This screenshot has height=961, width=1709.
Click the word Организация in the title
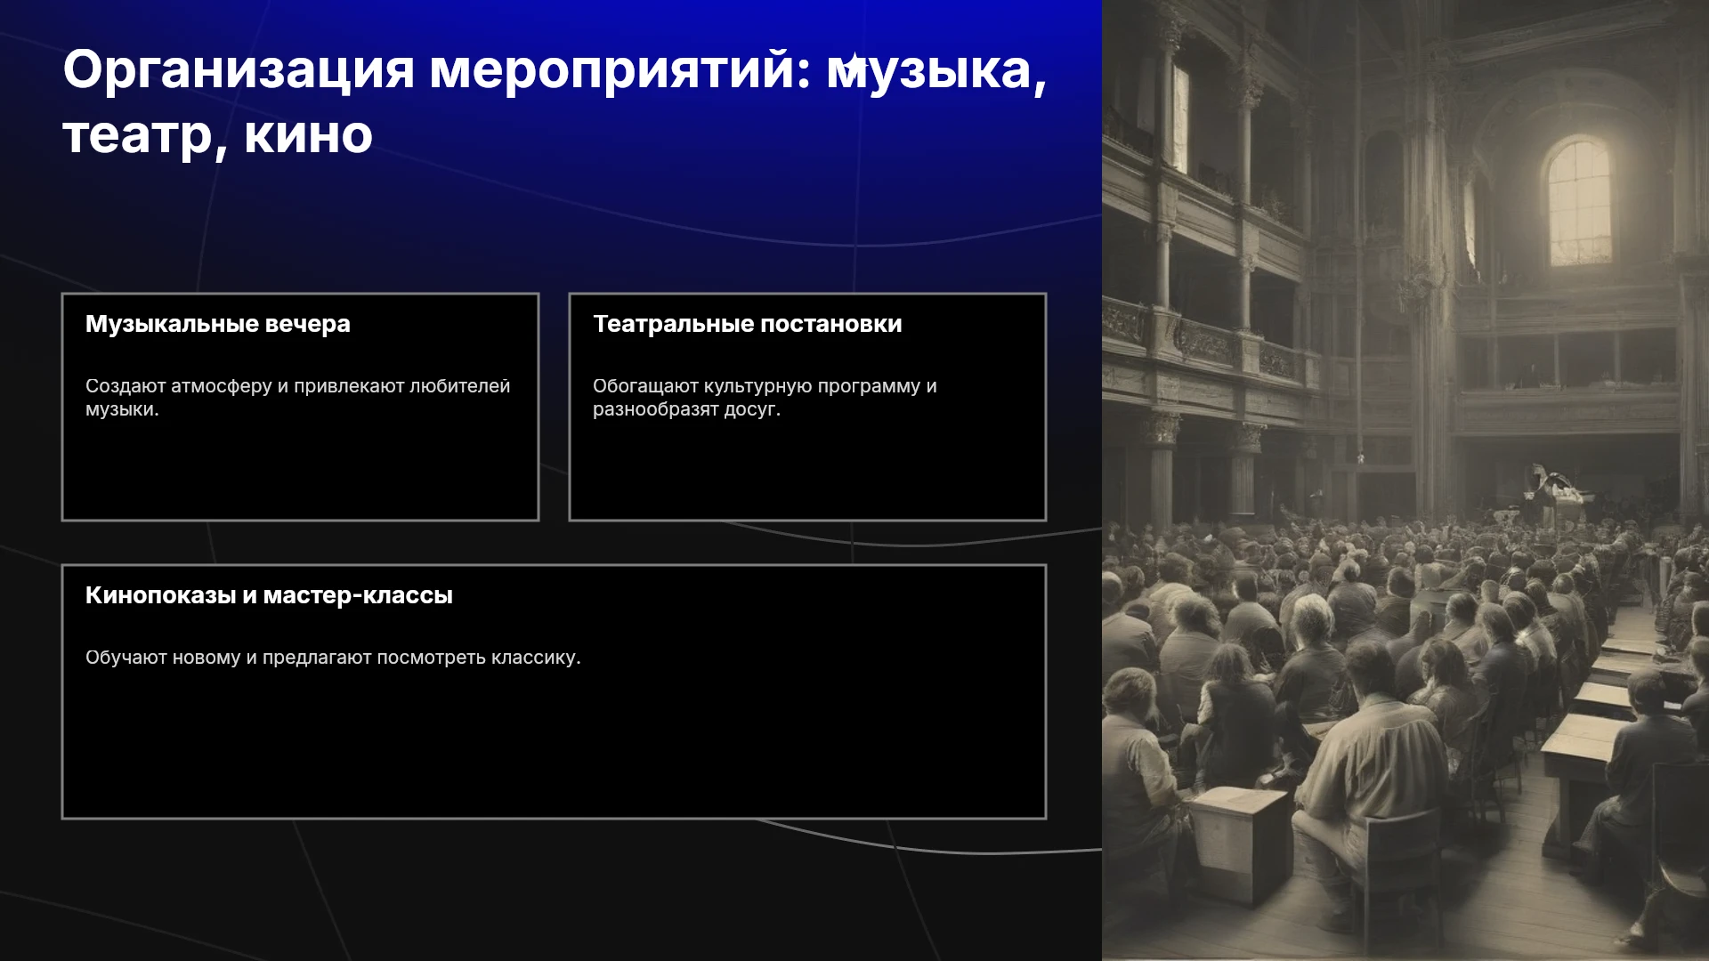(x=239, y=70)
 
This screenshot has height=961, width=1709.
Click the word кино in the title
(x=308, y=136)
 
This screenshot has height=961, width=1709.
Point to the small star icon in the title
(x=854, y=65)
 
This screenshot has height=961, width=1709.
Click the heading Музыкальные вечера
(x=218, y=324)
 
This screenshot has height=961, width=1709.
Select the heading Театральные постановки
(x=748, y=324)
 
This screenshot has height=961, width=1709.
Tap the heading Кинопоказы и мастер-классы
(x=269, y=595)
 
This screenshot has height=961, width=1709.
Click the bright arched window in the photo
(x=1579, y=201)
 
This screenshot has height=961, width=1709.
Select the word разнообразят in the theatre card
(x=655, y=409)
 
